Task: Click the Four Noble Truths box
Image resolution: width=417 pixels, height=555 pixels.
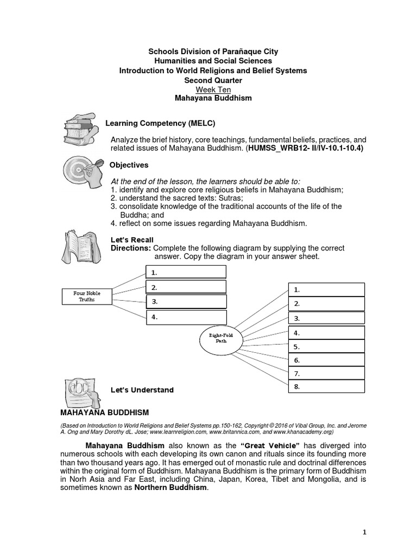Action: tap(86, 296)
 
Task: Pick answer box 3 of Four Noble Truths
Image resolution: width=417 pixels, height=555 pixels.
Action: tap(186, 302)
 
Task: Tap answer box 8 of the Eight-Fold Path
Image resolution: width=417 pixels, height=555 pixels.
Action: tap(326, 387)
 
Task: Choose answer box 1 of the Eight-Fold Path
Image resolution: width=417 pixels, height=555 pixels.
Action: tap(326, 290)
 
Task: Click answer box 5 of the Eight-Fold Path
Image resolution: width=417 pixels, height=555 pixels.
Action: tap(326, 346)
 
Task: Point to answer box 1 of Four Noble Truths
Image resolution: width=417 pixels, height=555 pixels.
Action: tap(186, 272)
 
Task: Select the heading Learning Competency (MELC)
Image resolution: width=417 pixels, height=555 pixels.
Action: tap(156, 124)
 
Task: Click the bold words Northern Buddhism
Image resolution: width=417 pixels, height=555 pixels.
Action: tap(170, 487)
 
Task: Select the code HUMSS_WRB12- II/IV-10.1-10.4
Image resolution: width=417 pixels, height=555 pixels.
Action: tap(306, 148)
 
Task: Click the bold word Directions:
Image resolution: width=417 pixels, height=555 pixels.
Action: tap(131, 248)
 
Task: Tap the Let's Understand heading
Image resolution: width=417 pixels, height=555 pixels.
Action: tap(142, 390)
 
